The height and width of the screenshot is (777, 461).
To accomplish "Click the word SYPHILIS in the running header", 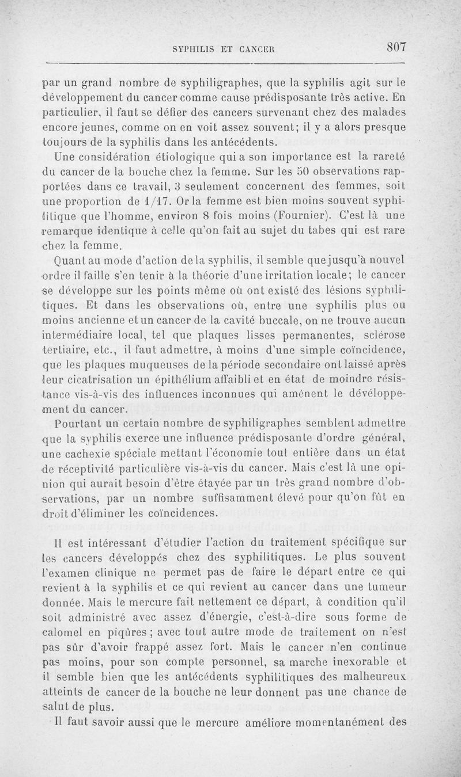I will [198, 49].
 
